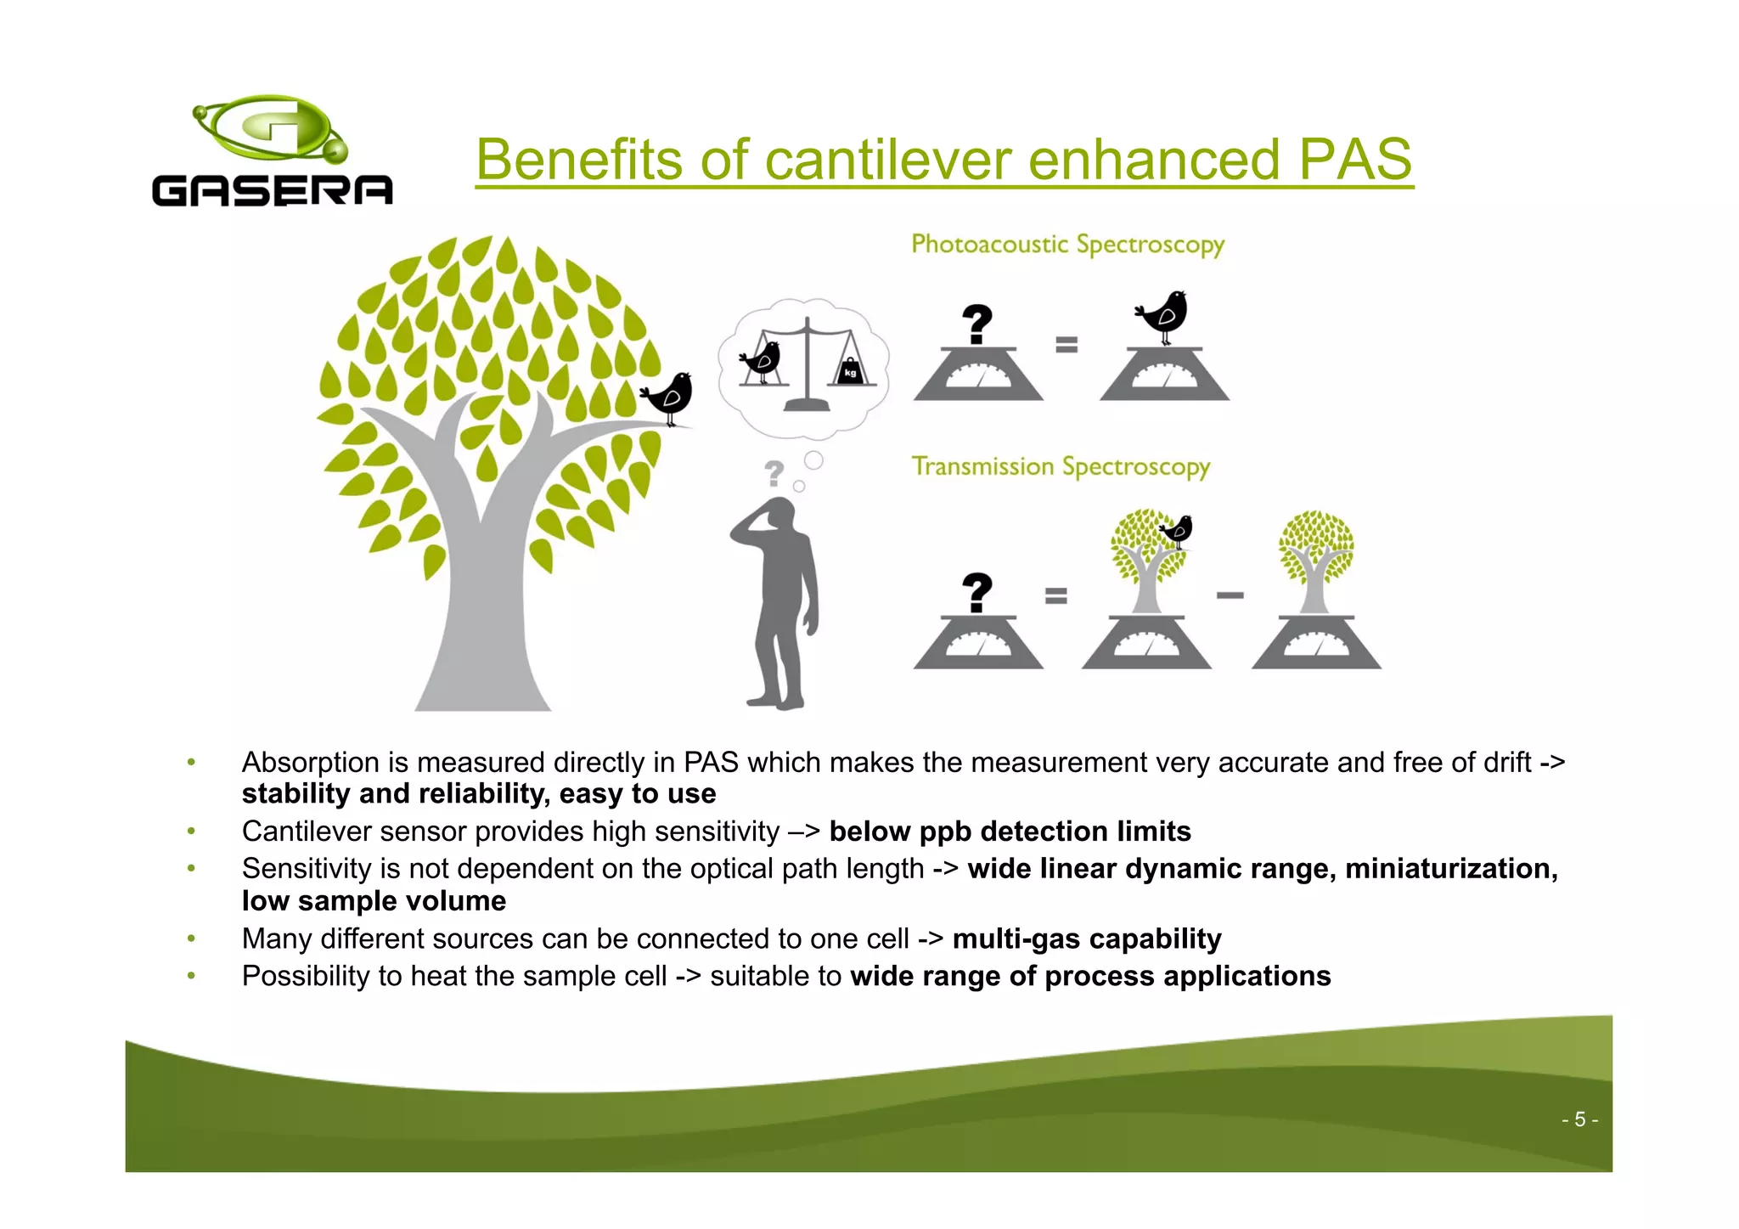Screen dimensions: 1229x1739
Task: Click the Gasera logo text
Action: [272, 191]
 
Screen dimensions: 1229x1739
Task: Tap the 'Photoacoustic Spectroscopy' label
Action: [1067, 245]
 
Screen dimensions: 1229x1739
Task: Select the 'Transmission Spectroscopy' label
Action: [1061, 466]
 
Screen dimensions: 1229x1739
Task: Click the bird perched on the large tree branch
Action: [670, 396]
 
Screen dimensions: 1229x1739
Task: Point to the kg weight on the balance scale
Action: [850, 370]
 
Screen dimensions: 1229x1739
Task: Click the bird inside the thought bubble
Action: [762, 361]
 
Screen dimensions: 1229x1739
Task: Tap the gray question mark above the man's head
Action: [774, 472]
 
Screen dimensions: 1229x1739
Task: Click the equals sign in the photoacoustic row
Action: [1066, 344]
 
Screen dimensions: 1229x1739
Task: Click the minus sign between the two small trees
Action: [1230, 595]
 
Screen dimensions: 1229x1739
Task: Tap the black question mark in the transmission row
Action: [977, 592]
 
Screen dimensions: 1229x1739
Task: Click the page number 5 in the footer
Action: [1579, 1119]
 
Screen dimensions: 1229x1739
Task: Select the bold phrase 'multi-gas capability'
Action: [1086, 939]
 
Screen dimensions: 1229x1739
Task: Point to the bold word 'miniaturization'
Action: [1450, 869]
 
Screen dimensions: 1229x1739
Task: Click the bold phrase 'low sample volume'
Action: [374, 901]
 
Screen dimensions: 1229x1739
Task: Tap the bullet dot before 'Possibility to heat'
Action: [192, 976]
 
